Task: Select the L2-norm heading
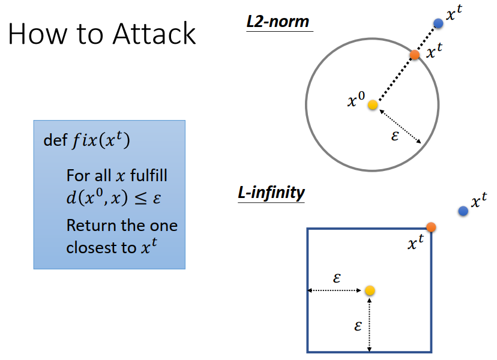[x=278, y=22]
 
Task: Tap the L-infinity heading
[x=271, y=193]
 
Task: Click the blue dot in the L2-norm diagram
[x=438, y=23]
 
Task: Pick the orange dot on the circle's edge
[x=415, y=55]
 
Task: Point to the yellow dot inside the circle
[x=373, y=105]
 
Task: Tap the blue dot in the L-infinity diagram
[x=463, y=211]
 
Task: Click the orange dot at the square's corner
[x=431, y=227]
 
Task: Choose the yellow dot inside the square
[x=370, y=291]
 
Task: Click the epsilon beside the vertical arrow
[x=358, y=326]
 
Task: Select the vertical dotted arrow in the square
[x=370, y=324]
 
